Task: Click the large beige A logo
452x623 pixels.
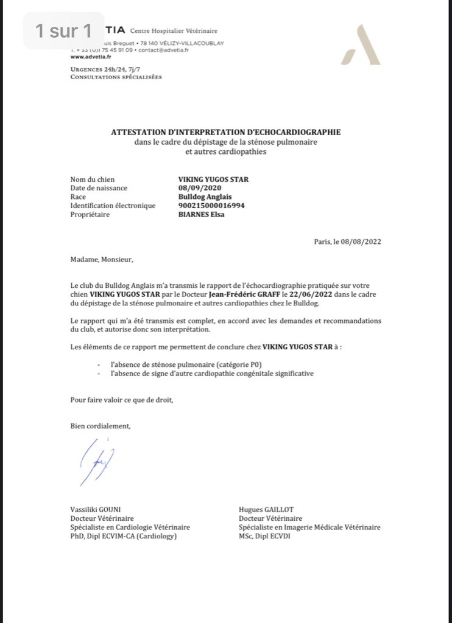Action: coord(361,45)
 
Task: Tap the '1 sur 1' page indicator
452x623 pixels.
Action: coord(63,30)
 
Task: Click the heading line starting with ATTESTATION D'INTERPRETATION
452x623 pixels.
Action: coord(225,132)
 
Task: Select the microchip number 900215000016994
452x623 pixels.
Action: coord(211,206)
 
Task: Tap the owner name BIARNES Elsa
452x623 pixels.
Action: coord(201,214)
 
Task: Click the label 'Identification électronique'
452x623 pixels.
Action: coord(113,206)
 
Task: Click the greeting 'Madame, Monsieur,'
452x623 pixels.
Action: coord(101,259)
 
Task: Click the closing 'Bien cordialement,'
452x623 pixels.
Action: coord(100,426)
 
